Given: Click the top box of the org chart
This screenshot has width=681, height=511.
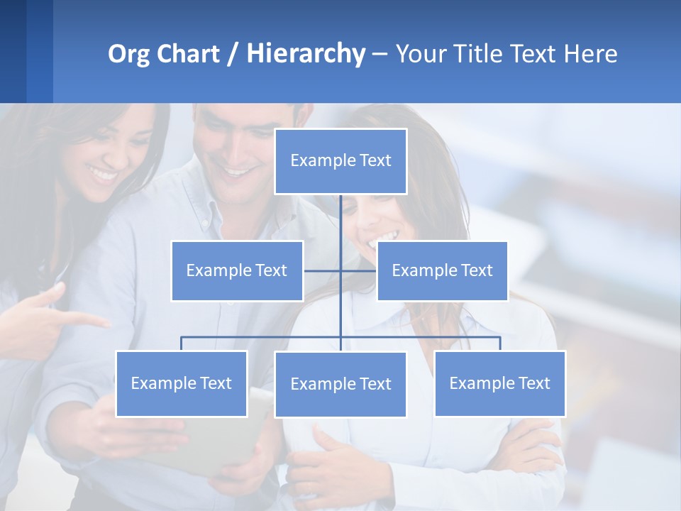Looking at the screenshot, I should [x=340, y=161].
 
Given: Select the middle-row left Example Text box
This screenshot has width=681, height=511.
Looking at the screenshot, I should [x=237, y=270].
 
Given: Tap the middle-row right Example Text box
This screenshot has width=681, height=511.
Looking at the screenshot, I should [x=442, y=270].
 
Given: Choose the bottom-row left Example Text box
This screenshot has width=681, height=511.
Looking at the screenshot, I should [x=182, y=383].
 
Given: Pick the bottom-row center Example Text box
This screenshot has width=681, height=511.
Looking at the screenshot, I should [x=340, y=384].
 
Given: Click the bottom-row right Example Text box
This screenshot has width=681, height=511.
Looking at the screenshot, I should [x=499, y=383].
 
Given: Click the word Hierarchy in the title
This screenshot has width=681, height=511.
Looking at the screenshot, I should [x=306, y=54].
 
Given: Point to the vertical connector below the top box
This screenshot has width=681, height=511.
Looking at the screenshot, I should [x=340, y=220].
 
